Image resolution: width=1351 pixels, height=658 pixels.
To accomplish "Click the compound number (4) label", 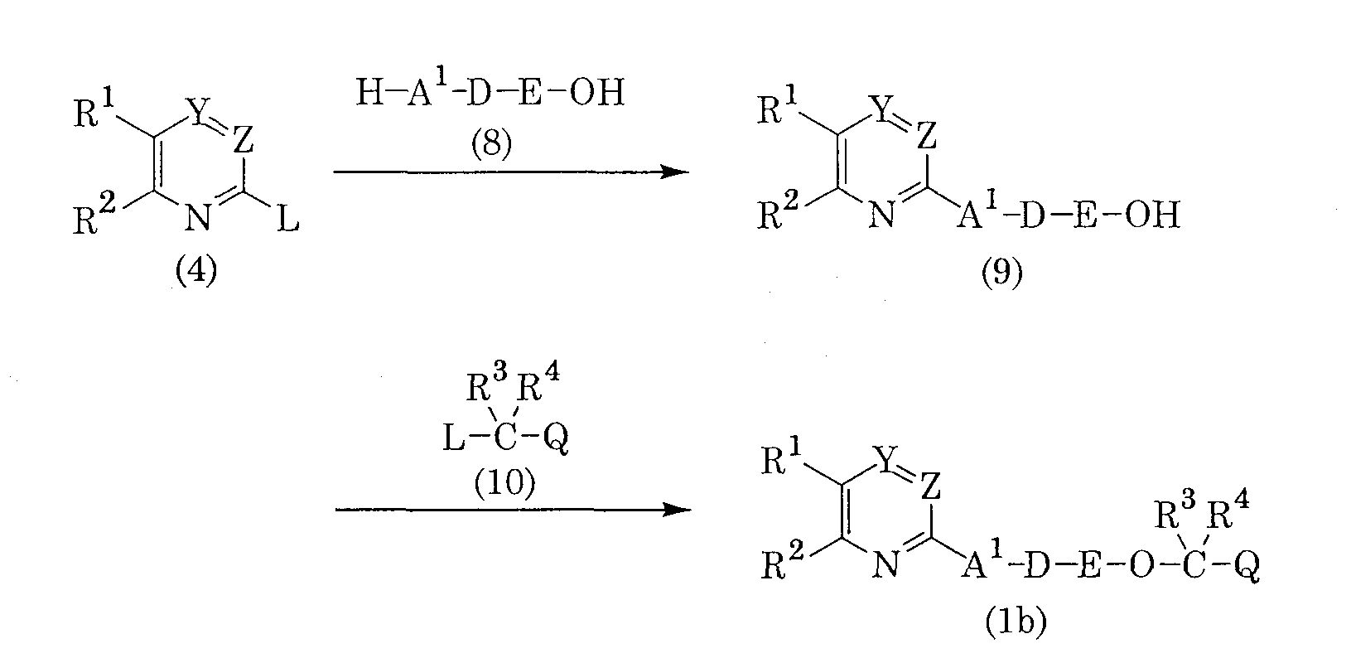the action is (x=196, y=270).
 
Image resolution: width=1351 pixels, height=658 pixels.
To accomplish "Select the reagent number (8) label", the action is (x=491, y=143).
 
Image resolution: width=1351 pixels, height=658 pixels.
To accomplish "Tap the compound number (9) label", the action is (x=1001, y=273).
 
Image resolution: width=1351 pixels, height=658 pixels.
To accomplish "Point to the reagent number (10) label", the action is (x=504, y=483).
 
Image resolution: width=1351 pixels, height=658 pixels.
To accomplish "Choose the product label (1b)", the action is (x=1016, y=622).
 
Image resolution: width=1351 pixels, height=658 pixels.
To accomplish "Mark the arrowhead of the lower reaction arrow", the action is (x=676, y=510).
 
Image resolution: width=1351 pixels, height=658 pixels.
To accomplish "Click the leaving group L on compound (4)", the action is (x=288, y=220).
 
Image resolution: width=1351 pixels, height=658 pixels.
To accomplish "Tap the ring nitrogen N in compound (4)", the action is (x=198, y=218).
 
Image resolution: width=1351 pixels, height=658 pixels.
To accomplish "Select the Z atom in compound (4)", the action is (x=244, y=139).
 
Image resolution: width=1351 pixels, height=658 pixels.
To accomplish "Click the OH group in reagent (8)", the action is (x=596, y=93).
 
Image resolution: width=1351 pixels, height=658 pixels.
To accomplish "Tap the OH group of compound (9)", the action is (x=1152, y=215).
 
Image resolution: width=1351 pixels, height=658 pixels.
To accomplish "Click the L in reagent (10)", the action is (x=454, y=438).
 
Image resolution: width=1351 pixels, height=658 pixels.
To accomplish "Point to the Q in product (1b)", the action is (x=1247, y=566).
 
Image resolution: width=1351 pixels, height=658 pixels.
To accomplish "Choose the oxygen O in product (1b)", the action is (x=1141, y=566).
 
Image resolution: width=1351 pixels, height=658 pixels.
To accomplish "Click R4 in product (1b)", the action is (x=1229, y=510).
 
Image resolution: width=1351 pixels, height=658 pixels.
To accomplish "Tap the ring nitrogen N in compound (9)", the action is (x=882, y=215).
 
